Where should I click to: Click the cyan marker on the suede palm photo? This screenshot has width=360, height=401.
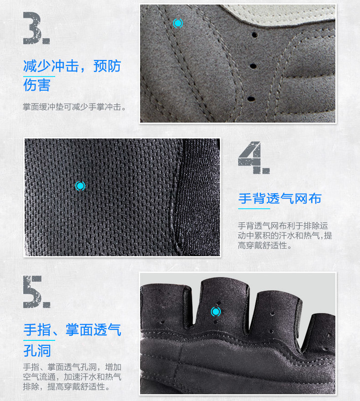(178, 23)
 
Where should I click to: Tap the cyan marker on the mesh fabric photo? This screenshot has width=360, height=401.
(80, 186)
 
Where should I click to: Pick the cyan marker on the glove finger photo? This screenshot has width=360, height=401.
(216, 312)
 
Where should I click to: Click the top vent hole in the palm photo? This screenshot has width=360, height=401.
(254, 34)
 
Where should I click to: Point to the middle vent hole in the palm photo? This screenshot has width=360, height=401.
(253, 66)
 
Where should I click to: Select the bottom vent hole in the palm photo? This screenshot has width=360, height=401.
(251, 99)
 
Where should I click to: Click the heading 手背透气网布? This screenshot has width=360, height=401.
(280, 199)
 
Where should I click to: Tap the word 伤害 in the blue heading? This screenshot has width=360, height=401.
(37, 85)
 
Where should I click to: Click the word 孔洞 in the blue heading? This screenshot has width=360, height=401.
(37, 350)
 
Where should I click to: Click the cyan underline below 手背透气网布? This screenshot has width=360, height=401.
(254, 209)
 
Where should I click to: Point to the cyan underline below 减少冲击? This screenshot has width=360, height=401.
(39, 76)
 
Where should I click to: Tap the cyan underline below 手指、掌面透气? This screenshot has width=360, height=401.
(39, 340)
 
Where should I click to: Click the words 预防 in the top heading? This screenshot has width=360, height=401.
(107, 66)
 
